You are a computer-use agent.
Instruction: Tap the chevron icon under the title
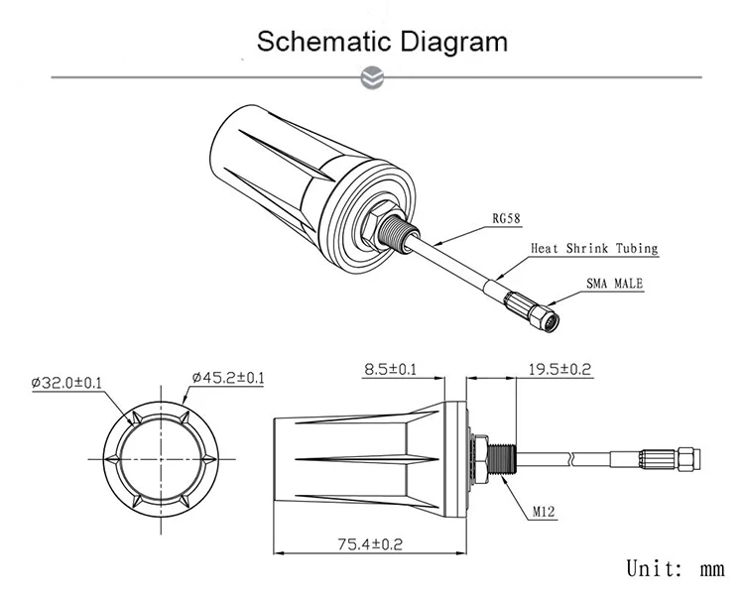[x=373, y=77]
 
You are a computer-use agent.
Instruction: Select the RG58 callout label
[x=508, y=220]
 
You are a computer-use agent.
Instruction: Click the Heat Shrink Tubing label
[x=594, y=250]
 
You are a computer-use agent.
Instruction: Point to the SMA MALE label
[x=614, y=284]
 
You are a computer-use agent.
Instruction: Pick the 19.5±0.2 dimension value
[x=558, y=370]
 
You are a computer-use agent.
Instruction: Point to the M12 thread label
[x=544, y=513]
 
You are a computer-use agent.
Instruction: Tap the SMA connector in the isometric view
[x=537, y=314]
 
